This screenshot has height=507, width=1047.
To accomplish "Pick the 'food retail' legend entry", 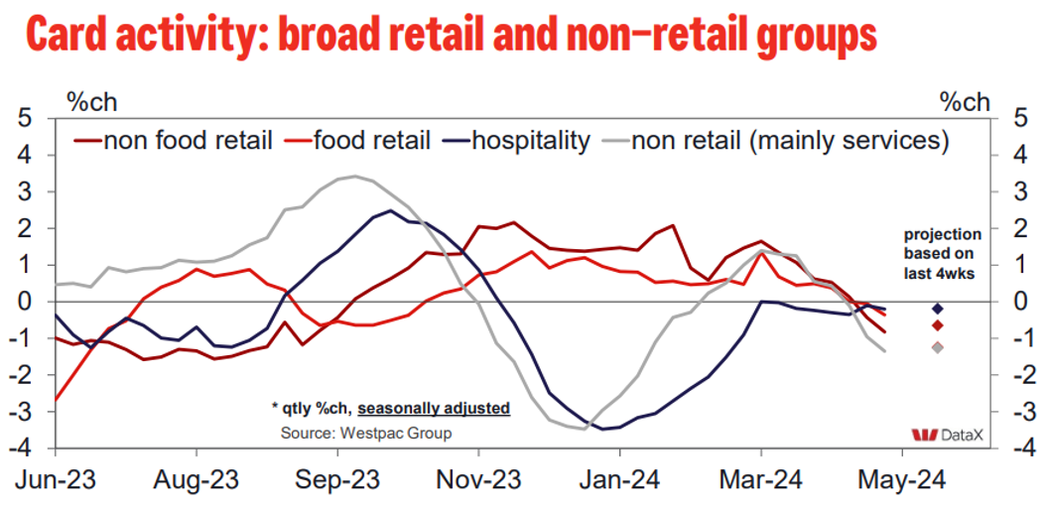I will click(372, 140).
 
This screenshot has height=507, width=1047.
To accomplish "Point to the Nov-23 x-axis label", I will click(478, 480).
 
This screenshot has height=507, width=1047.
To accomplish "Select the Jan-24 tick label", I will click(619, 480).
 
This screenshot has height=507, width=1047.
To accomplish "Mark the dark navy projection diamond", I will click(937, 309).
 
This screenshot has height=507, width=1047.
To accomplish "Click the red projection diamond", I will click(937, 326).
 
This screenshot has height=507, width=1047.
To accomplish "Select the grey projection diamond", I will click(937, 346).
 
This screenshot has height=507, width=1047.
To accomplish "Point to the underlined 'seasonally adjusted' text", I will click(434, 408).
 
